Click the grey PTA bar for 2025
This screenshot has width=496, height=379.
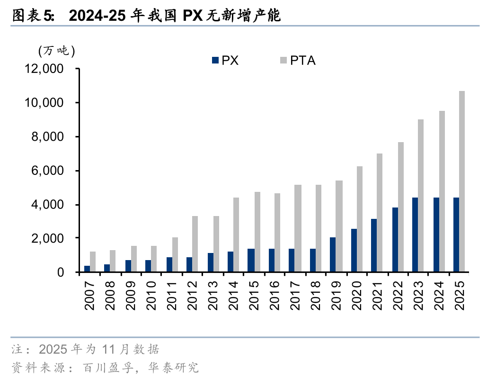[462, 181]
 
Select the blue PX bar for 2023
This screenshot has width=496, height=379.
[415, 235]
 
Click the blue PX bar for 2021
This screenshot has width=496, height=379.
[374, 245]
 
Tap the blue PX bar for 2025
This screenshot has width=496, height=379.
[456, 235]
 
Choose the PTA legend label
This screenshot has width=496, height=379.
[303, 60]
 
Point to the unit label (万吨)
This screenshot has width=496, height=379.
[56, 50]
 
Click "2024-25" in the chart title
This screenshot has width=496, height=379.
[97, 17]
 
